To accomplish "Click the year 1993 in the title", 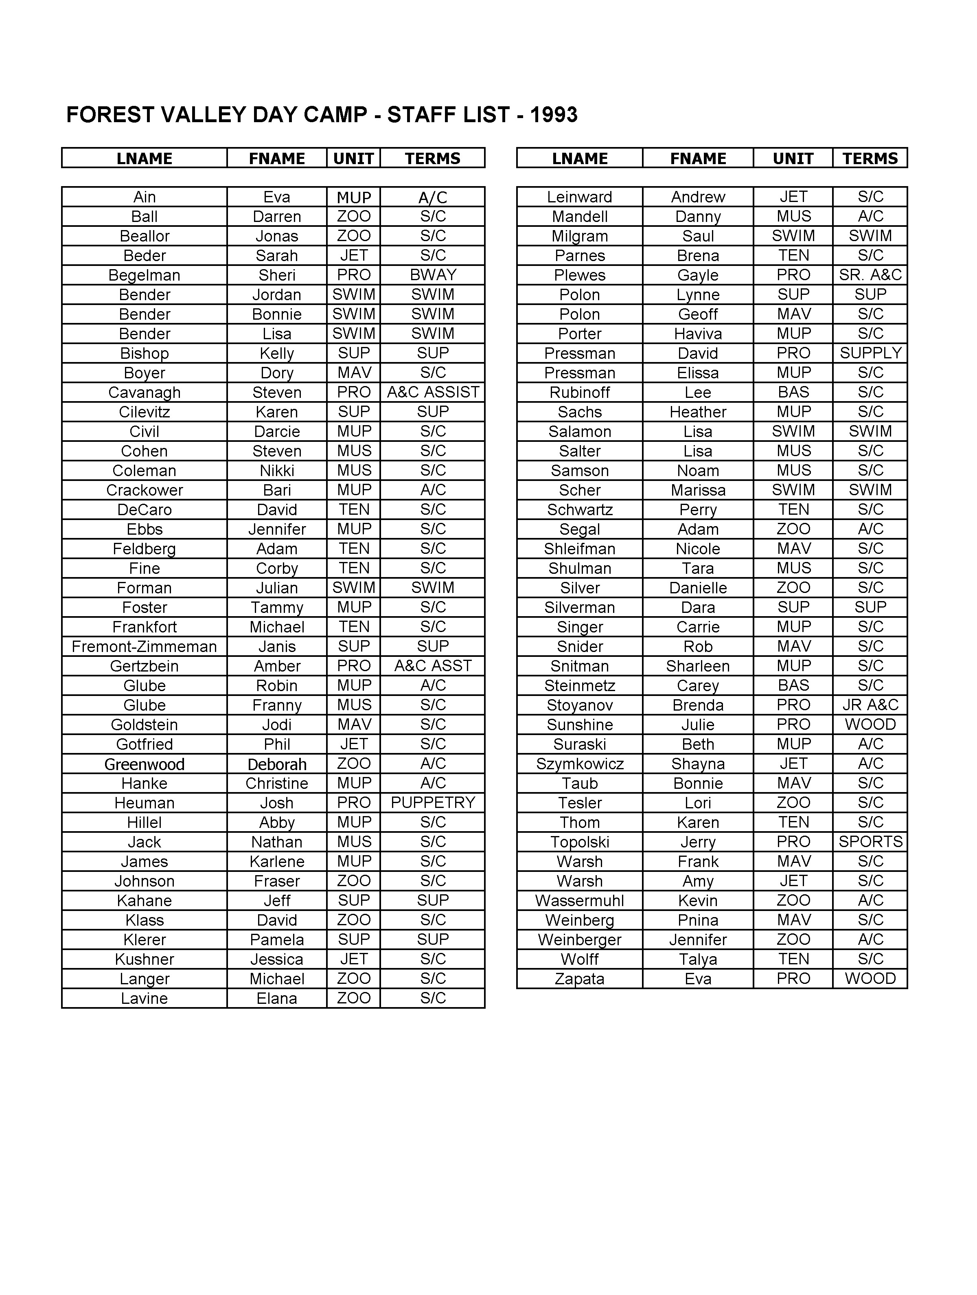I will (553, 115).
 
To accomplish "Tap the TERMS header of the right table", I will (870, 159).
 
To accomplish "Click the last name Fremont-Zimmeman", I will (144, 646).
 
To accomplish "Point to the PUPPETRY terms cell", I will (433, 803).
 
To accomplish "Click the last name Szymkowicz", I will (580, 764).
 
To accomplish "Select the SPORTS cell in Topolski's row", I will (870, 842).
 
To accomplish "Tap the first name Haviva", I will (698, 334).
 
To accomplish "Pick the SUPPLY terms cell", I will (870, 353).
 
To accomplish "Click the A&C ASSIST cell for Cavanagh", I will (433, 392).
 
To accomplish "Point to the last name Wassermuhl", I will (580, 900).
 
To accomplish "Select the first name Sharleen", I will (698, 666).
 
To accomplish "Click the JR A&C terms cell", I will (870, 705).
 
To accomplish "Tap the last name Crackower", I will (144, 490).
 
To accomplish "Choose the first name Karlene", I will (277, 862).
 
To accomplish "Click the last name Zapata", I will (580, 979).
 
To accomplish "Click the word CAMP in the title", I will (335, 115).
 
